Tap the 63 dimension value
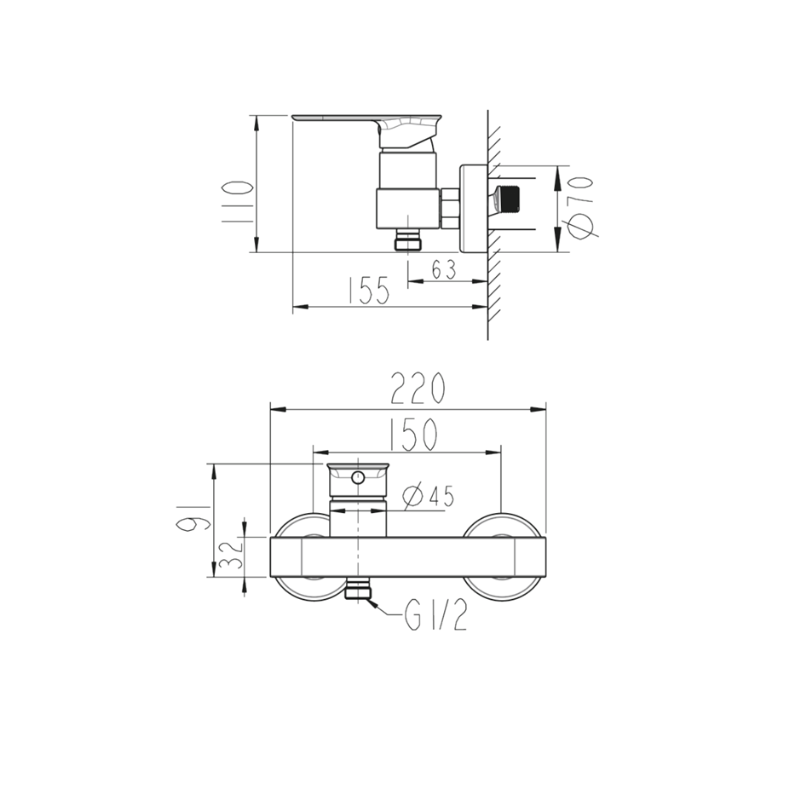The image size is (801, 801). click(443, 269)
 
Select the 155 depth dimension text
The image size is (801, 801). click(368, 291)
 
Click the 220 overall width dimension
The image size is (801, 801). click(418, 389)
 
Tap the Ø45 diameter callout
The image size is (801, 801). click(428, 496)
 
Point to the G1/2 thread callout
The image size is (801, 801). click(435, 617)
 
